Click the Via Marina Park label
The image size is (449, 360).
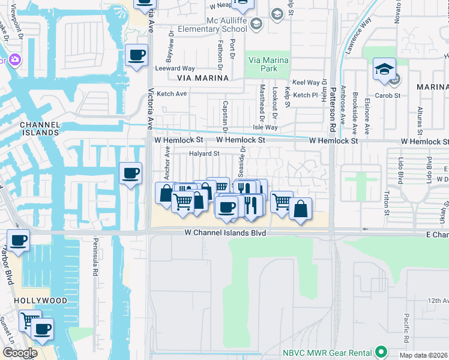pyautogui.click(x=268, y=64)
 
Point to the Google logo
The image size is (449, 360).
pyautogui.click(x=19, y=353)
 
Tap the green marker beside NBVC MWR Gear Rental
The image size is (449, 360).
pyautogui.click(x=380, y=351)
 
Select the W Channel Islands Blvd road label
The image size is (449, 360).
pyautogui.click(x=224, y=232)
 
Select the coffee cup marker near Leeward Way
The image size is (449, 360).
pyautogui.click(x=137, y=55)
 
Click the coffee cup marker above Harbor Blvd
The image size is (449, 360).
pyautogui.click(x=18, y=240)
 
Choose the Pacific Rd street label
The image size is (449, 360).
pyautogui.click(x=406, y=327)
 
